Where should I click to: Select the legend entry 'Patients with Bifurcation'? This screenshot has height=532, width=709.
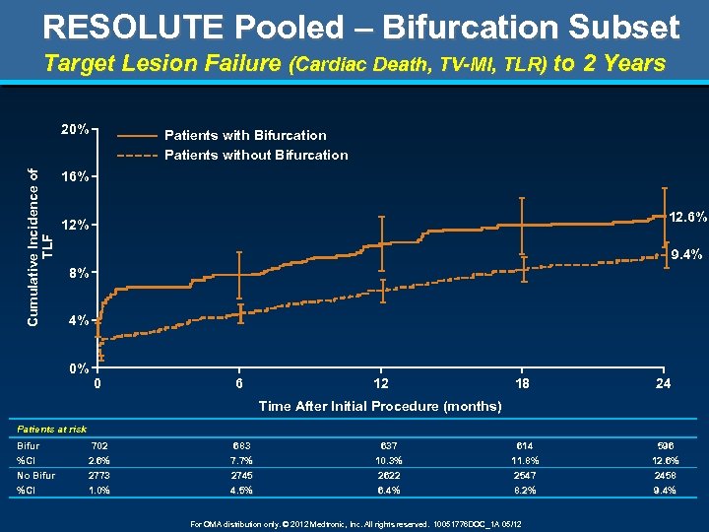(x=245, y=135)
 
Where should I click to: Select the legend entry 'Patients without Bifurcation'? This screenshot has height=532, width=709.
(x=256, y=155)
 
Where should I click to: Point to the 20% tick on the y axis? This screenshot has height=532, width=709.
(x=76, y=129)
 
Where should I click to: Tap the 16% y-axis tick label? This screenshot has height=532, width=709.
(x=76, y=178)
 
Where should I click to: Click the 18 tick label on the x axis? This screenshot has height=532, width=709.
(x=523, y=384)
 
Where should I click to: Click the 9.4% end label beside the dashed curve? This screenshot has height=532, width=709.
(x=685, y=255)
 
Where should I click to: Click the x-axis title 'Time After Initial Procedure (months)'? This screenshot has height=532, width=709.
(x=379, y=406)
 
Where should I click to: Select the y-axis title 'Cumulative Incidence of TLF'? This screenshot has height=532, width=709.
(x=39, y=246)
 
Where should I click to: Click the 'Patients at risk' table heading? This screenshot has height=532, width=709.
(x=51, y=429)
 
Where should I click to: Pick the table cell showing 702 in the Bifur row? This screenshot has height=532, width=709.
(x=98, y=446)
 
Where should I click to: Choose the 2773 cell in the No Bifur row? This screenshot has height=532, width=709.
(x=98, y=476)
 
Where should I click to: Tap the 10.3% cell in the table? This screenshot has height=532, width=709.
(x=381, y=461)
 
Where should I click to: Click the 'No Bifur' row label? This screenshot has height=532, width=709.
(x=35, y=476)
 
